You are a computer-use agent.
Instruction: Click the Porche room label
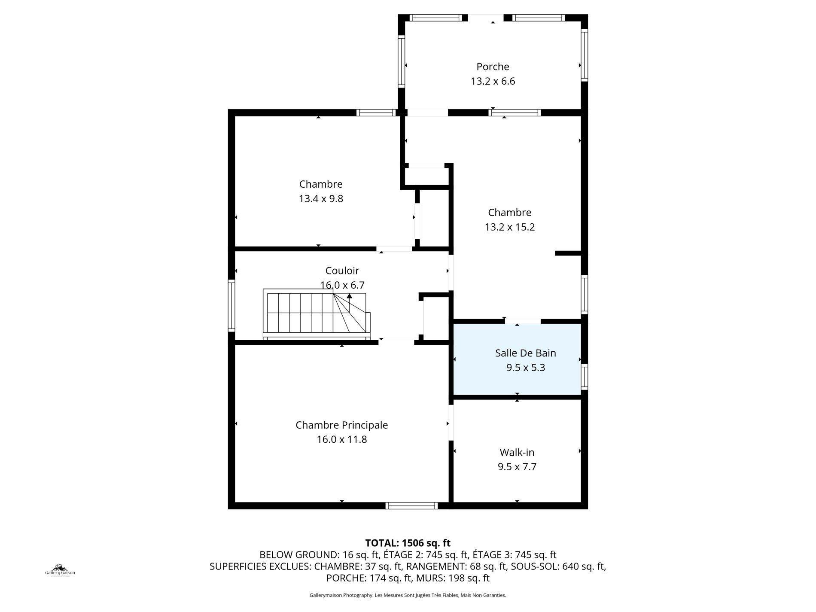pyautogui.click(x=493, y=67)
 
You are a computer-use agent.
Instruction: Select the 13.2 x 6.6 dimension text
pyautogui.click(x=493, y=81)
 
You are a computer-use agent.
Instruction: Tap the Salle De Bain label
pyautogui.click(x=525, y=353)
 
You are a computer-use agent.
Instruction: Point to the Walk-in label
pyautogui.click(x=517, y=452)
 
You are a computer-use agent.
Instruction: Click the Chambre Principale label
pyautogui.click(x=341, y=425)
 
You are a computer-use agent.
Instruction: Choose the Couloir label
pyautogui.click(x=342, y=271)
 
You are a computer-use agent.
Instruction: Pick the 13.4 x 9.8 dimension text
pyautogui.click(x=321, y=199)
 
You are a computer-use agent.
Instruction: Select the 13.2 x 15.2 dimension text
pyautogui.click(x=510, y=227)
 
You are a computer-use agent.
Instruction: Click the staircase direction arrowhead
pyautogui.click(x=350, y=295)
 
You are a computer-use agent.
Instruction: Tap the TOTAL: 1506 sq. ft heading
pyautogui.click(x=408, y=543)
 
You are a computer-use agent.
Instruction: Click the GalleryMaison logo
pyautogui.click(x=60, y=570)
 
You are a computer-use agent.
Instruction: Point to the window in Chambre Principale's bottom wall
pyautogui.click(x=411, y=505)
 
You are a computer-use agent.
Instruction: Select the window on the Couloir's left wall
pyautogui.click(x=231, y=305)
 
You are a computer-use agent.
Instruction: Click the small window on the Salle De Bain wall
pyautogui.click(x=584, y=377)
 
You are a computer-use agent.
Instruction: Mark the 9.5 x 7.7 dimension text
pyautogui.click(x=517, y=467)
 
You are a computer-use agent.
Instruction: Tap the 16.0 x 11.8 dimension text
pyautogui.click(x=342, y=439)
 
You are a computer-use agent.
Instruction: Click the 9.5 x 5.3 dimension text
pyautogui.click(x=526, y=368)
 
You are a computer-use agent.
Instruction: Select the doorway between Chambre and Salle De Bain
pyautogui.click(x=523, y=321)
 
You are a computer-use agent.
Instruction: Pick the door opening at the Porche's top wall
pyautogui.click(x=486, y=18)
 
